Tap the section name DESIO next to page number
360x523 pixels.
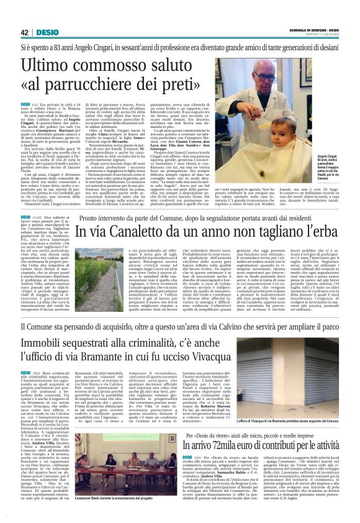(x=47, y=32)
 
